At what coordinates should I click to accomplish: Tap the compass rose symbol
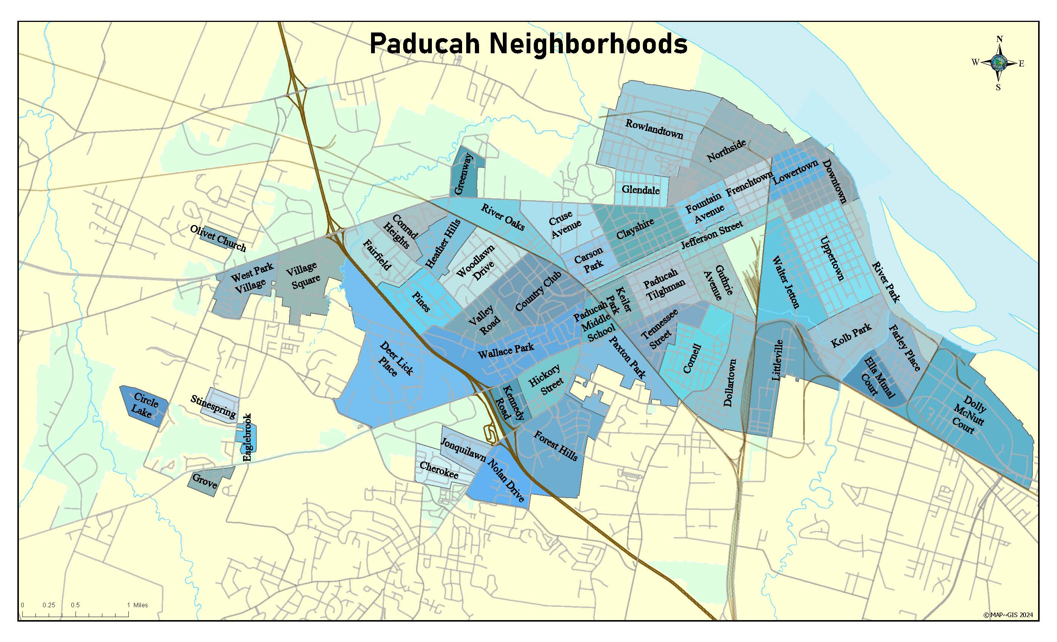[998, 63]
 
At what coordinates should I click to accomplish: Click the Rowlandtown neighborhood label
[654, 129]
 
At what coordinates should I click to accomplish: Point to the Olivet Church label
[218, 239]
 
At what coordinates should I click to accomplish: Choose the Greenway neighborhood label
[463, 174]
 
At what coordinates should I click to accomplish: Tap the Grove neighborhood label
[205, 481]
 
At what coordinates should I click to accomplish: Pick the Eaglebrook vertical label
[247, 437]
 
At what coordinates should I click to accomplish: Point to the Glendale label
[641, 189]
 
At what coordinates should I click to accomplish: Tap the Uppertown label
[832, 258]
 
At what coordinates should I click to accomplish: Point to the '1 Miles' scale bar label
[137, 605]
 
